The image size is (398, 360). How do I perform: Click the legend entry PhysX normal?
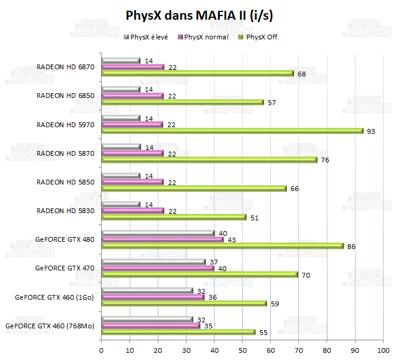tap(203, 37)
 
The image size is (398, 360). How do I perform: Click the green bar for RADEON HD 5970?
tap(232, 131)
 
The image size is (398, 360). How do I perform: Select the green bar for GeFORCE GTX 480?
tap(222, 245)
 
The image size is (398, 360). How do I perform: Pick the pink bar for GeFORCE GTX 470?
tap(158, 268)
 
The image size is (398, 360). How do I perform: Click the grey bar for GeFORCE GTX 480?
tap(158, 233)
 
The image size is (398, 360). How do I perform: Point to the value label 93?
tap(371, 131)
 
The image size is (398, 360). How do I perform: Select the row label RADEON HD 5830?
tap(65, 210)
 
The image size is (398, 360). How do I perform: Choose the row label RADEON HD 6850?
tap(65, 96)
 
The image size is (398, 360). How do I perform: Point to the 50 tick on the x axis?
tap(242, 349)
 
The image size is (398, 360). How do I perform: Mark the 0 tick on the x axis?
tap(102, 349)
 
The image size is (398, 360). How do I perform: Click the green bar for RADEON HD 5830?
tap(173, 217)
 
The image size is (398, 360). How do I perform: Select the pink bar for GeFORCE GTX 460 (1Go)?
tap(152, 297)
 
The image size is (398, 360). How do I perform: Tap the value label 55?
tap(264, 333)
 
